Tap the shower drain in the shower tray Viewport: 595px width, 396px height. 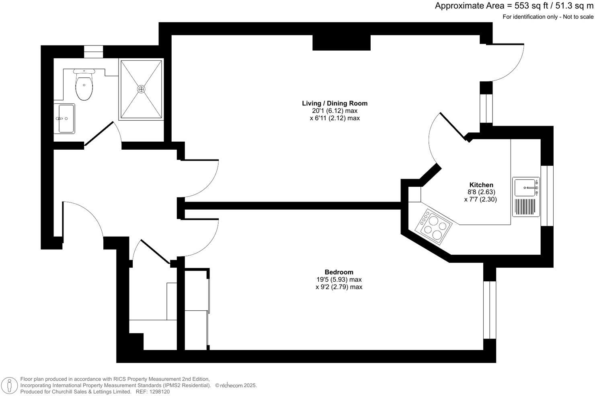click(141, 89)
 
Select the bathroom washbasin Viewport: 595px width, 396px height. click(64, 118)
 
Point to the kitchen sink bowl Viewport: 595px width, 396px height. click(525, 187)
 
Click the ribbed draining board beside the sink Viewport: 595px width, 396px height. click(525, 207)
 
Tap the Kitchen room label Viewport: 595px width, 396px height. click(481, 185)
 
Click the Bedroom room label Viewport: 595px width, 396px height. click(339, 272)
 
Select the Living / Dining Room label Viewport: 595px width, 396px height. click(334, 103)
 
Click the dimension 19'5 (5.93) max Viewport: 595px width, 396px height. click(339, 279)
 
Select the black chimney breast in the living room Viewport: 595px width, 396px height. click(341, 43)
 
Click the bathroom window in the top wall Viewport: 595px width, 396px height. click(93, 52)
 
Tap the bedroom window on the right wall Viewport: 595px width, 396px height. click(490, 310)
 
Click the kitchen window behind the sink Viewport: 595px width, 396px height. click(547, 196)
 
